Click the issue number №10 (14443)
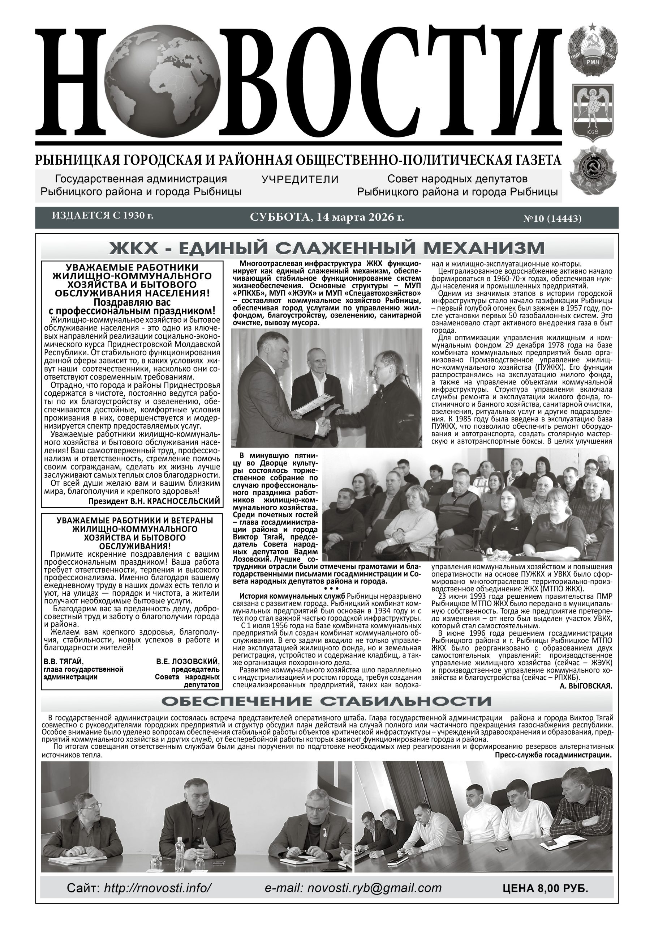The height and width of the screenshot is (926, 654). pos(552,219)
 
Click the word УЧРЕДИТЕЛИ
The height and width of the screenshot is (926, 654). pos(300,179)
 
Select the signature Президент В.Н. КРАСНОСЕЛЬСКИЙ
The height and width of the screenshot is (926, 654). pos(154,501)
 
